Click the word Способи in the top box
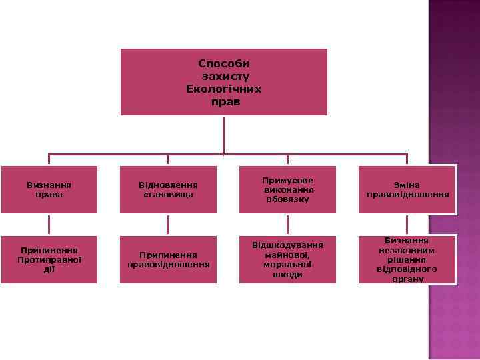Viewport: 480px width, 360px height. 223,63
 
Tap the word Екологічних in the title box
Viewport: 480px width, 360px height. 223,89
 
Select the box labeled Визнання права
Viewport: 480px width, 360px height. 49,189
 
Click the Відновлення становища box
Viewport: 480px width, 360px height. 168,189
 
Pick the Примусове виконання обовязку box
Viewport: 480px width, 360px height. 287,189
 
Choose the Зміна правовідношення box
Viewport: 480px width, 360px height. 407,189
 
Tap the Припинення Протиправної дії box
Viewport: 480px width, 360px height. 49,259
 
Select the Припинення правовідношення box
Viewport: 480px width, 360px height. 168,259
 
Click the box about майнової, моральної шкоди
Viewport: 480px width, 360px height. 287,259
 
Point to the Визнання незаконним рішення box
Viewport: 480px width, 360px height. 407,259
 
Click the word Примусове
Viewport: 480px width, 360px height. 288,180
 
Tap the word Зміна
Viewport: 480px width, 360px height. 407,185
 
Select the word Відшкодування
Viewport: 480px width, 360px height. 288,245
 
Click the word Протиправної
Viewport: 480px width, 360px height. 49,259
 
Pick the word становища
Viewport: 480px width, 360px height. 168,195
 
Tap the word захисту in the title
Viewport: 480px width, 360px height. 223,76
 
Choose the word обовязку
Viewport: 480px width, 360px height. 288,199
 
